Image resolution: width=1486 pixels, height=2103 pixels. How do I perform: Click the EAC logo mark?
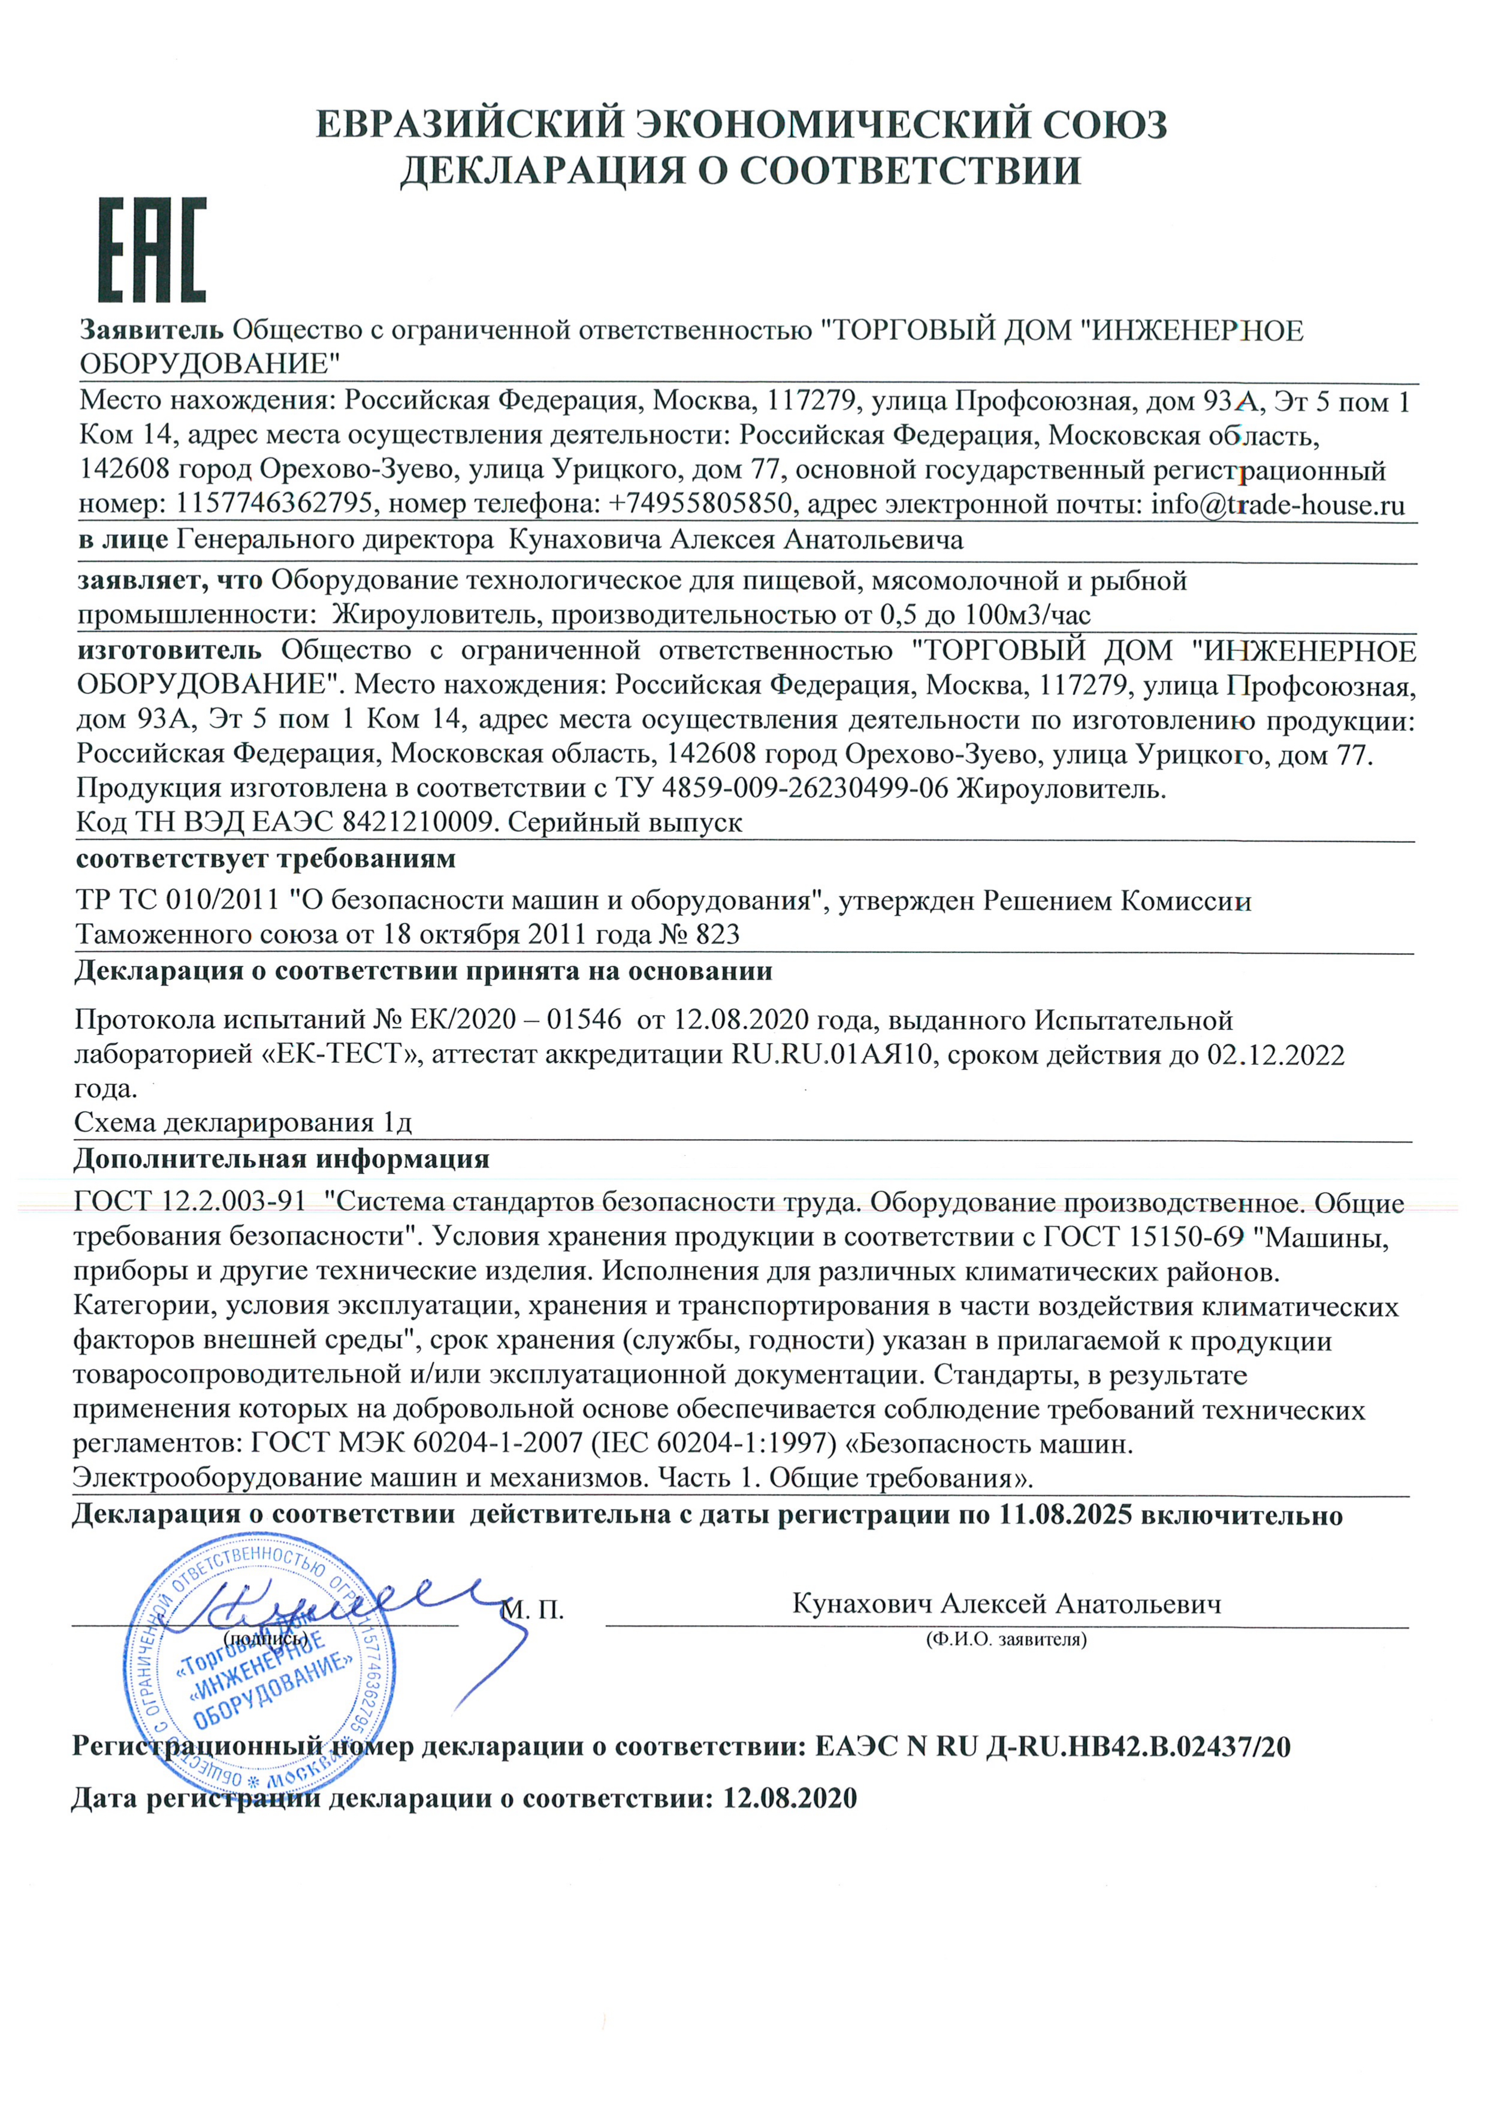coord(152,249)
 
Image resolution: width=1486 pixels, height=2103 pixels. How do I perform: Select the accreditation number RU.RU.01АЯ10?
coord(830,1054)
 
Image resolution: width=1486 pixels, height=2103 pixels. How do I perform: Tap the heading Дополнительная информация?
coord(281,1159)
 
